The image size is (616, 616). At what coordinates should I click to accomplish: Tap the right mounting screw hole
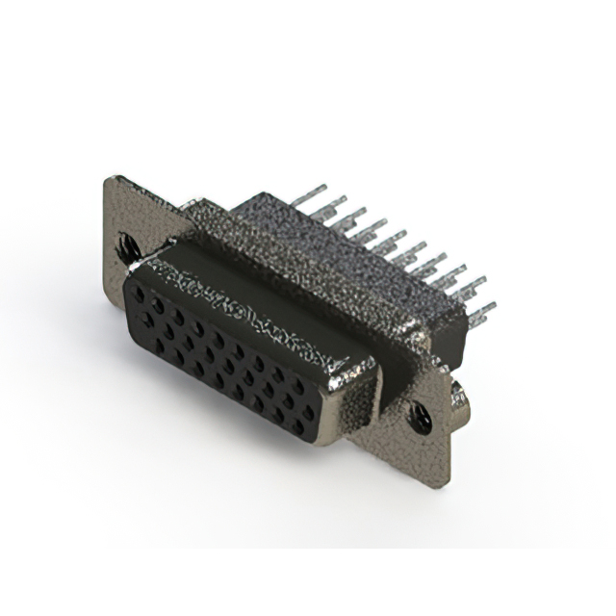421,416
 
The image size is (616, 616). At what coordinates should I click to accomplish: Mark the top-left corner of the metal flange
110,180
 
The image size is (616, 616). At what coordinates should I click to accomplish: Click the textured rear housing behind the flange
289,241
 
